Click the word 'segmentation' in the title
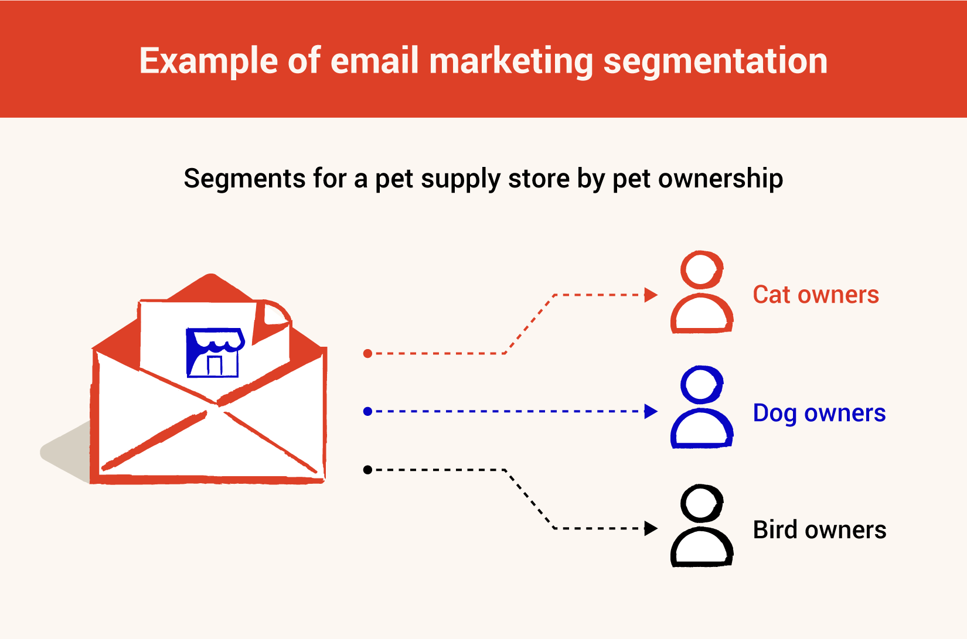tap(715, 61)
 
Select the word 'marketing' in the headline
tap(511, 61)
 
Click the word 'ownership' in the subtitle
tap(720, 179)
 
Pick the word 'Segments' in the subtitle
tap(244, 179)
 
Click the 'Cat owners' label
tap(816, 295)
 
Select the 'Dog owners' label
tap(819, 414)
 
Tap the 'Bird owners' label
tap(819, 530)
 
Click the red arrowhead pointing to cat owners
tap(650, 295)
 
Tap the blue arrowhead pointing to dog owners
tap(650, 411)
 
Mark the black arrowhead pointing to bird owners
tap(650, 528)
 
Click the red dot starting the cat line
tap(368, 354)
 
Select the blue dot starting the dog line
tap(368, 412)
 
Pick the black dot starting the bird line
tap(368, 470)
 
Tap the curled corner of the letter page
tap(273, 317)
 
